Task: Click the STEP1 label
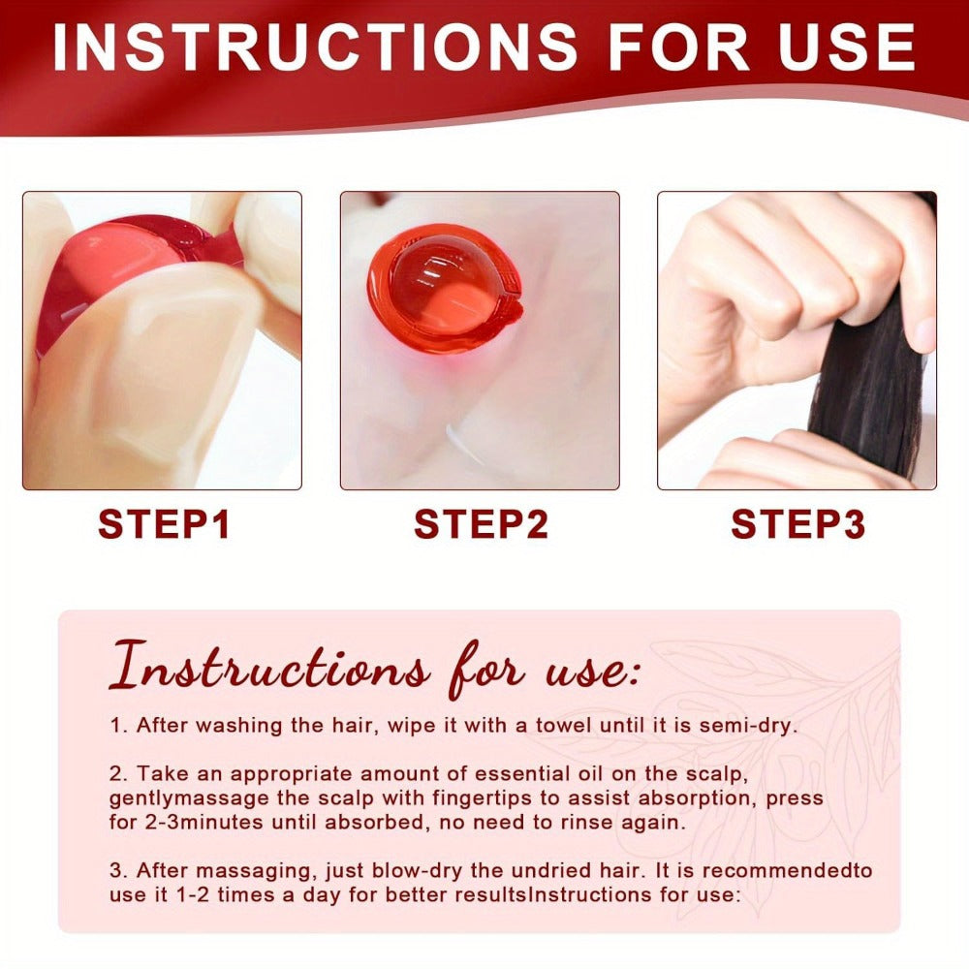[164, 524]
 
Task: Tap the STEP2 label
[481, 524]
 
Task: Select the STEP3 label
[797, 524]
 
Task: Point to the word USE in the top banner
[847, 47]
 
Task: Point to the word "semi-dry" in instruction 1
[748, 726]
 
